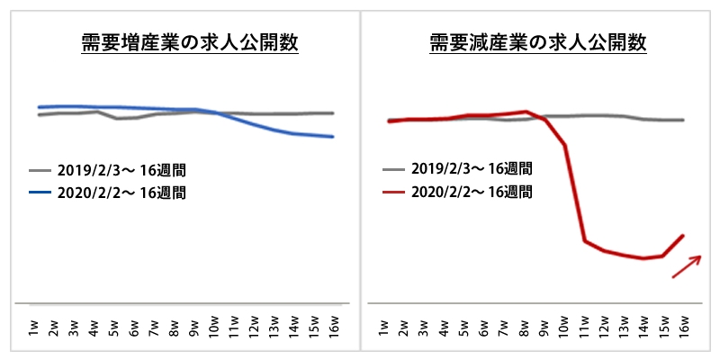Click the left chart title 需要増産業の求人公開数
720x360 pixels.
click(185, 43)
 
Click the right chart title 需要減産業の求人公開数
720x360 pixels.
click(537, 43)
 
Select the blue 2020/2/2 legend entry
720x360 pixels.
click(108, 192)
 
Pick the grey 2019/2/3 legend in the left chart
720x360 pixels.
click(108, 169)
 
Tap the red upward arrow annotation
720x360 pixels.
click(687, 266)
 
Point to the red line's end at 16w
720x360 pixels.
click(685, 235)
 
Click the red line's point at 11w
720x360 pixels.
click(585, 240)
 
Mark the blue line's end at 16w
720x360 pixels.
click(334, 137)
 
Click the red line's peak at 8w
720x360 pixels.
click(525, 112)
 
